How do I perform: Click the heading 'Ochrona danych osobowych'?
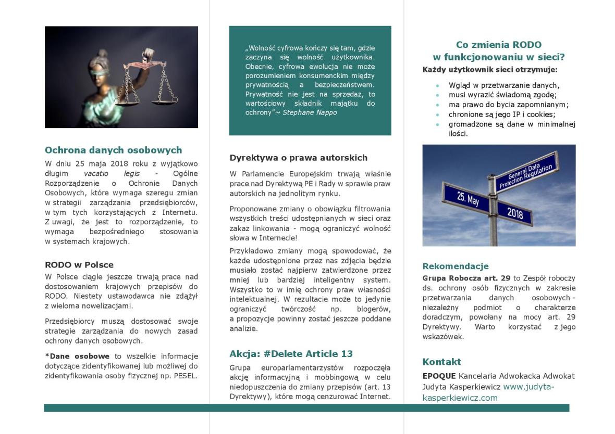113,150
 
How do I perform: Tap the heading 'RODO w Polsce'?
79,264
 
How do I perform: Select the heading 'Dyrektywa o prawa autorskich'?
298,158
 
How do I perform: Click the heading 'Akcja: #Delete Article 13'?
291,354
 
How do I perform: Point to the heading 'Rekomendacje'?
455,266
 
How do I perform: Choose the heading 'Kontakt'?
441,362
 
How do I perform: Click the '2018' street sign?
514,213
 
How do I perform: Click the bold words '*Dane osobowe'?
77,356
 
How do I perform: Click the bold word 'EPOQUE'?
439,376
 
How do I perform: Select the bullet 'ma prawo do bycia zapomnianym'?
508,105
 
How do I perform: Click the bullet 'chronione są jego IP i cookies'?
501,114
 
